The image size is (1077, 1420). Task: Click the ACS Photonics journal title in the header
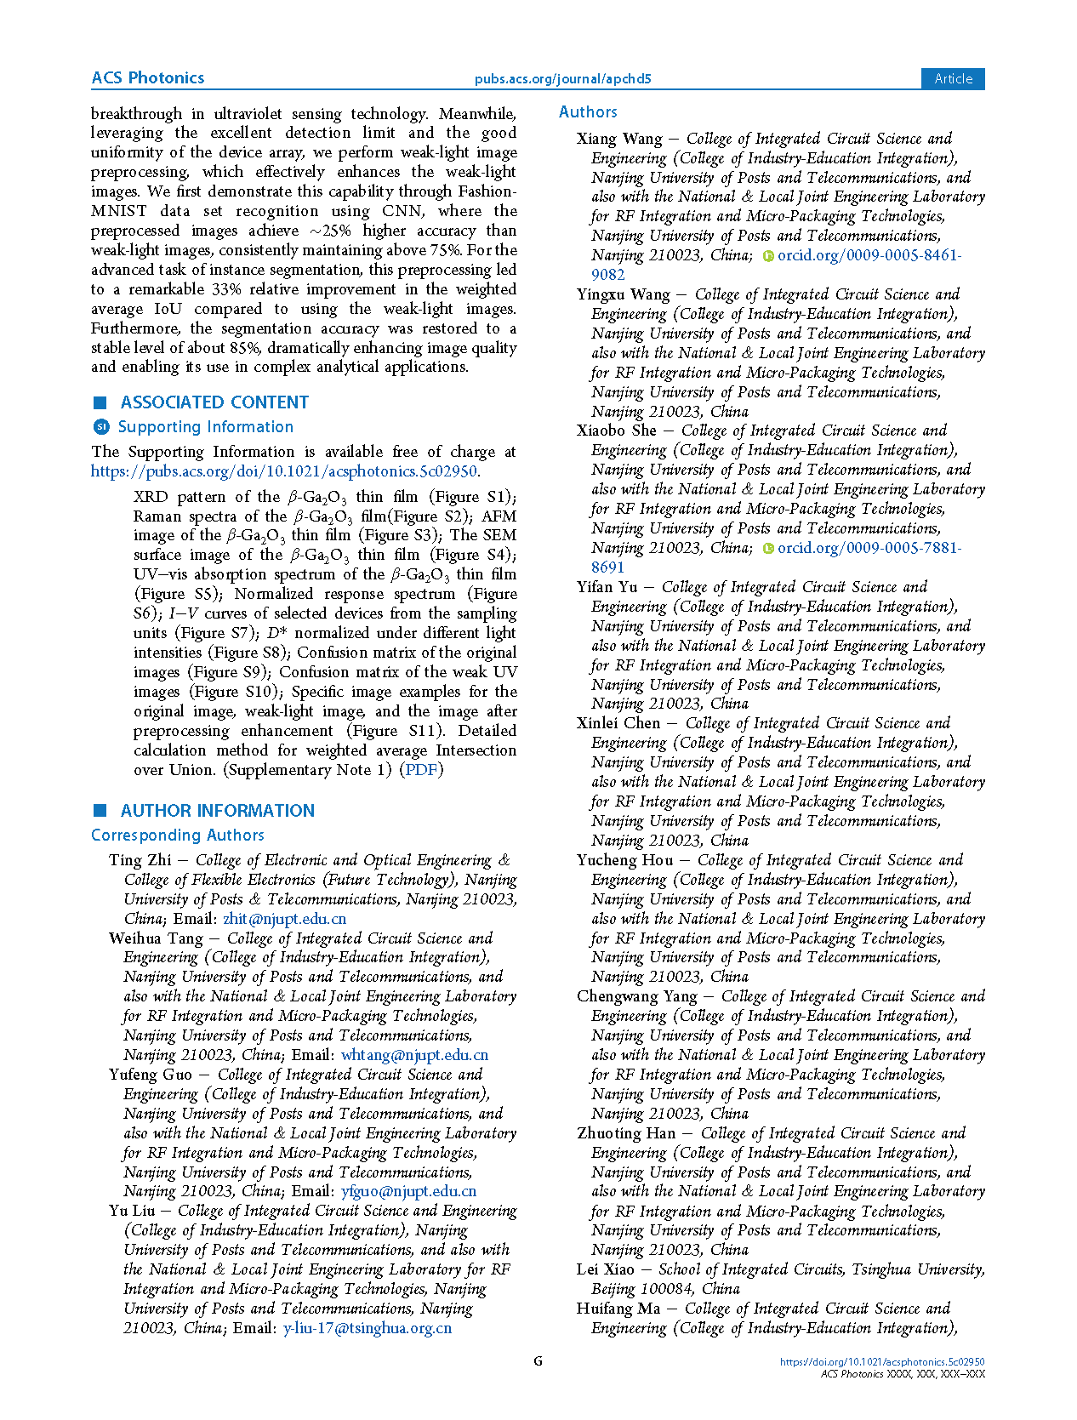click(148, 78)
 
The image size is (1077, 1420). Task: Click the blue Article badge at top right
click(953, 78)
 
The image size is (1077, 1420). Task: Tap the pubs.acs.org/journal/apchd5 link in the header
click(562, 79)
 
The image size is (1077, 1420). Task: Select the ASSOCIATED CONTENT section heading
click(214, 402)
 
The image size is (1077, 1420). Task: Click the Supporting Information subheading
click(205, 427)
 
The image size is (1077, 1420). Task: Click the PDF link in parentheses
click(421, 770)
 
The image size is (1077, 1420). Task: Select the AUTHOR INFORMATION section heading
click(217, 811)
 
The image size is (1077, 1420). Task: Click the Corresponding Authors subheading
click(178, 835)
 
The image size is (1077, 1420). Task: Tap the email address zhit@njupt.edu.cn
click(284, 919)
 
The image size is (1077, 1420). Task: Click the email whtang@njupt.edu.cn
click(414, 1055)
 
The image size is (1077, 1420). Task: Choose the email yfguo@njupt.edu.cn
click(408, 1191)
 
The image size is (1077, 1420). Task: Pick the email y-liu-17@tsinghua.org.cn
click(368, 1328)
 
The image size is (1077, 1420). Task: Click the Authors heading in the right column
click(588, 112)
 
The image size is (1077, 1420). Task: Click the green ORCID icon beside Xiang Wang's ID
click(768, 256)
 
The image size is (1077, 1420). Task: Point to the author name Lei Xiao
click(605, 1269)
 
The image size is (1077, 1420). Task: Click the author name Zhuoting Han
click(626, 1133)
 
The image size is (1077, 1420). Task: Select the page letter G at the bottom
click(538, 1361)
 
